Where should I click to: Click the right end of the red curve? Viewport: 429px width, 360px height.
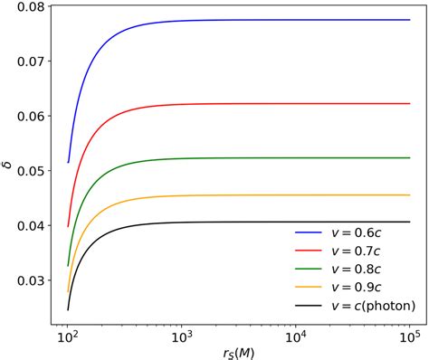click(x=409, y=104)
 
